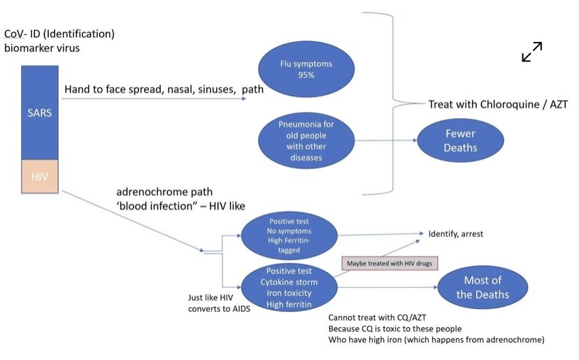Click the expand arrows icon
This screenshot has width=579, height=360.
pyautogui.click(x=532, y=52)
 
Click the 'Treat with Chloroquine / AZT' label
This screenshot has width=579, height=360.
pyautogui.click(x=497, y=104)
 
